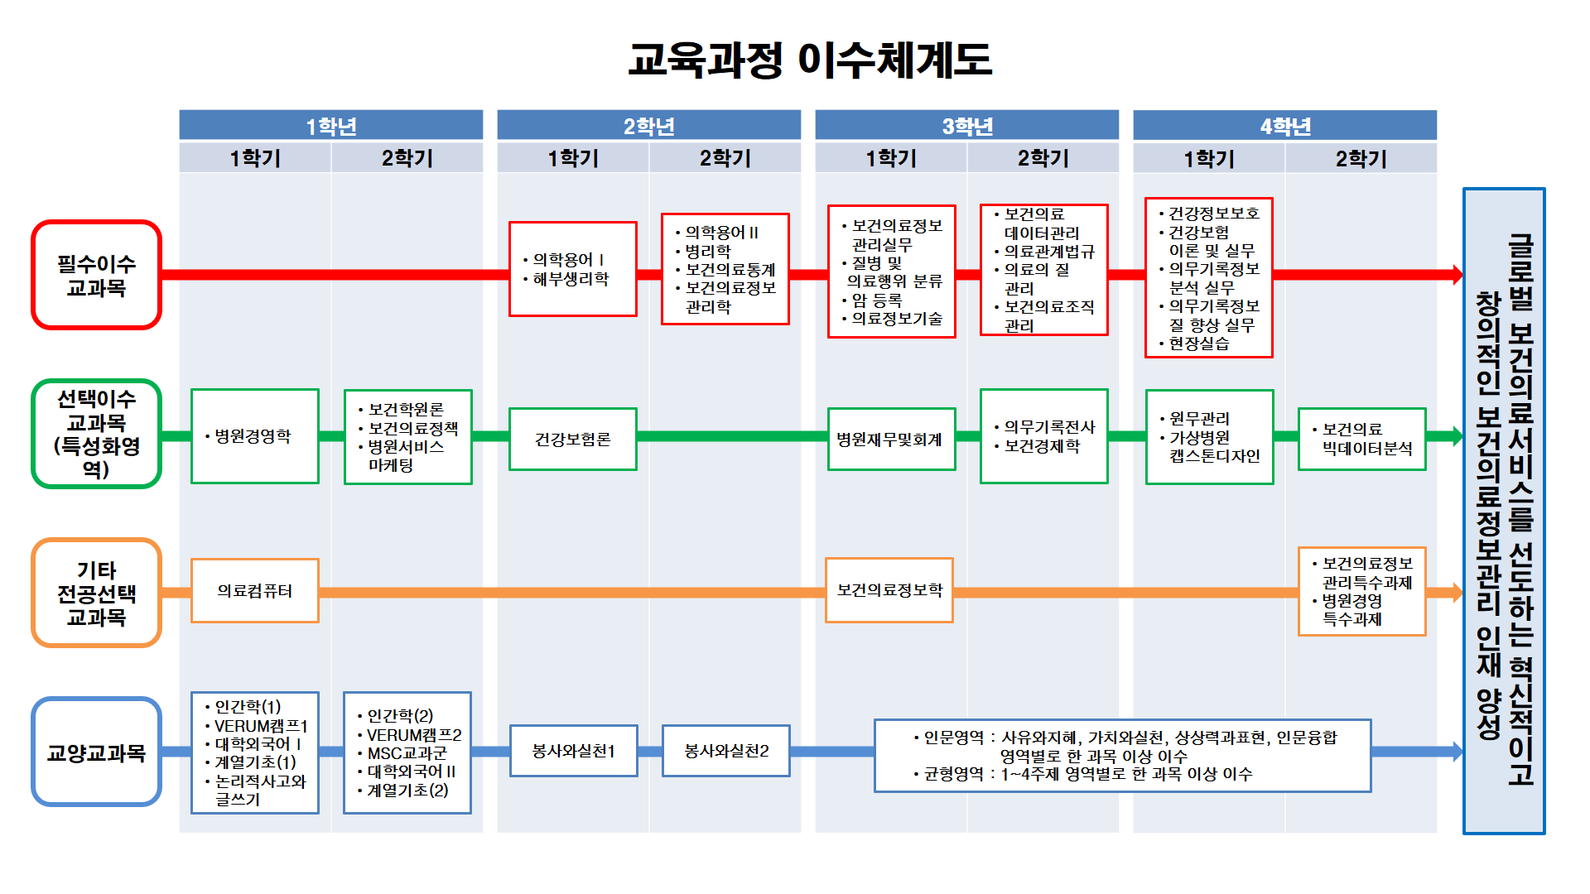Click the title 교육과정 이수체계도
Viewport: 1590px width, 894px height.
point(810,60)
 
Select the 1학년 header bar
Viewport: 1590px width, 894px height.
point(330,126)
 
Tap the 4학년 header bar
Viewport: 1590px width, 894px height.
point(1284,126)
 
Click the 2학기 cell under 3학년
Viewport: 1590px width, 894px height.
point(1043,158)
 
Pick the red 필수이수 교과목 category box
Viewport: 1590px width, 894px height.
point(96,275)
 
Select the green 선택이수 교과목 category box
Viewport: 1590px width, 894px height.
point(96,434)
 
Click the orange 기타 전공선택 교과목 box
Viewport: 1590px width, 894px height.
point(96,593)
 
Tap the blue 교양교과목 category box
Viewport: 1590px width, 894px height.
point(96,752)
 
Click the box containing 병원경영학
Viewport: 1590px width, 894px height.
point(254,436)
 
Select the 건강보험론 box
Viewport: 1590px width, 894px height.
point(572,439)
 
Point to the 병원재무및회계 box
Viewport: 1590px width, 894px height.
point(890,439)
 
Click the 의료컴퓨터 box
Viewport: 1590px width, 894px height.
point(254,590)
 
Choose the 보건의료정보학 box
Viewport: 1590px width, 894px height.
point(889,589)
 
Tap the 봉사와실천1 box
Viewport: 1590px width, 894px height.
point(573,751)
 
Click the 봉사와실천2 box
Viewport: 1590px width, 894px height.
point(725,751)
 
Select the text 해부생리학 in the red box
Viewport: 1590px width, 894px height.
point(571,279)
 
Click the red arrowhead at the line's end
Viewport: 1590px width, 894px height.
point(1457,275)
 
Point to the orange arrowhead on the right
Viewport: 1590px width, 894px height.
point(1457,593)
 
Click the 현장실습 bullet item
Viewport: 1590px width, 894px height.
point(1198,344)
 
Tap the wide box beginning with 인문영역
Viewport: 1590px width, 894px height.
point(1122,755)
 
